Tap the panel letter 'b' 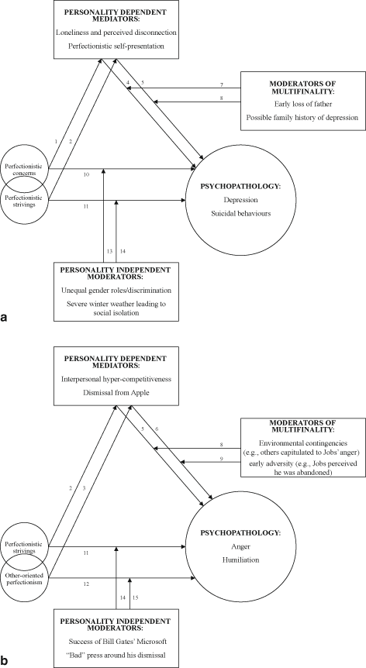pos(6,662)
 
